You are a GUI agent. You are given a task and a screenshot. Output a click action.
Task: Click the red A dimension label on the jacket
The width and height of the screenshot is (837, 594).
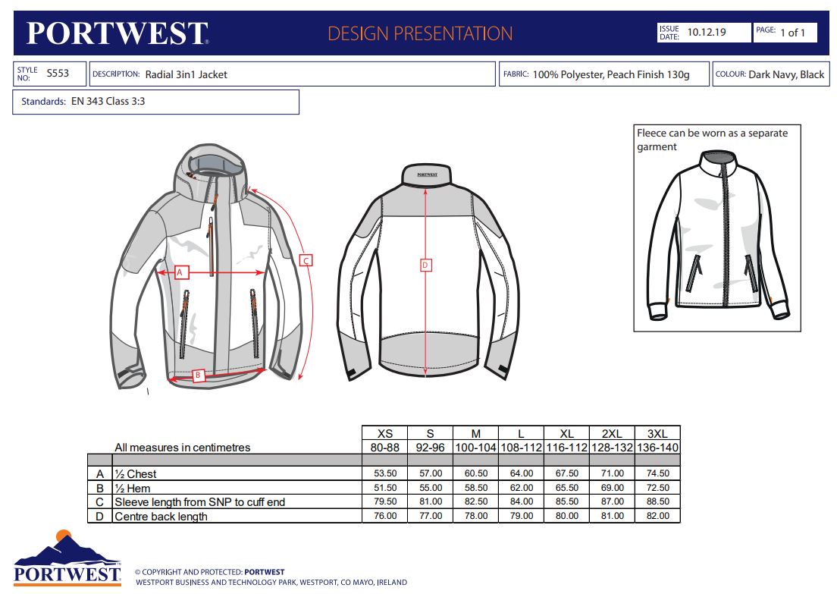(180, 272)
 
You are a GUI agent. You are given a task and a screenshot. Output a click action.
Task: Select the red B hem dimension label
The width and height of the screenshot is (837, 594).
(198, 375)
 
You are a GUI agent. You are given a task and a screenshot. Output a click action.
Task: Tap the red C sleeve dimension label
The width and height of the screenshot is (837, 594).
(306, 261)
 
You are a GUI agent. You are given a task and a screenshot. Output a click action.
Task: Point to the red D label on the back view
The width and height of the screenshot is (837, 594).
(425, 265)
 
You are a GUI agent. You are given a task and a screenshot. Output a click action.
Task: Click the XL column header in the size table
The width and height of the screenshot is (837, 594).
(566, 434)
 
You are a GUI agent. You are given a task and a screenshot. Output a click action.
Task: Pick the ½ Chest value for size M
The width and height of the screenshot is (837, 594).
(475, 473)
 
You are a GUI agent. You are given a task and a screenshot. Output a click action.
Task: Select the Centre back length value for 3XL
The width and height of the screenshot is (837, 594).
(657, 515)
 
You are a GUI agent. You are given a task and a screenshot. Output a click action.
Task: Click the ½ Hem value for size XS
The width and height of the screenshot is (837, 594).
(385, 488)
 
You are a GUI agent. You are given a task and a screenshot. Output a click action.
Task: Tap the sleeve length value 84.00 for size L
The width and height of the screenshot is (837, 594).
(521, 501)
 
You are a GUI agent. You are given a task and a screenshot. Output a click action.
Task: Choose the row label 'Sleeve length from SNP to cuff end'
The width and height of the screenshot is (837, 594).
(199, 502)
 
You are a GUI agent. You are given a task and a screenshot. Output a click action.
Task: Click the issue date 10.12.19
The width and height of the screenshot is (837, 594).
(707, 32)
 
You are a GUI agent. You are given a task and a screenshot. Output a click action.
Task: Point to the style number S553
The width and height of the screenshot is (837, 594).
(58, 73)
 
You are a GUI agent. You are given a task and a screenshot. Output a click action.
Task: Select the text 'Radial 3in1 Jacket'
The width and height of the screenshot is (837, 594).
(187, 74)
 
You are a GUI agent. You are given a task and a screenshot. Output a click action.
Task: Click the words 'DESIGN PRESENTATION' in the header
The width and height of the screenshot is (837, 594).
(420, 33)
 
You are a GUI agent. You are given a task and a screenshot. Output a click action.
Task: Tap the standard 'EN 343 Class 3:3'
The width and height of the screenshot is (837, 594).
(108, 101)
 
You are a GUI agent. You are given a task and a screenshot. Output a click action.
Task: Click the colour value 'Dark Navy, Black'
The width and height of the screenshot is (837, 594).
(786, 75)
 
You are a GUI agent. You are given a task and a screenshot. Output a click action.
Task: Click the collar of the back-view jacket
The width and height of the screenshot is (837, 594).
(427, 174)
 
